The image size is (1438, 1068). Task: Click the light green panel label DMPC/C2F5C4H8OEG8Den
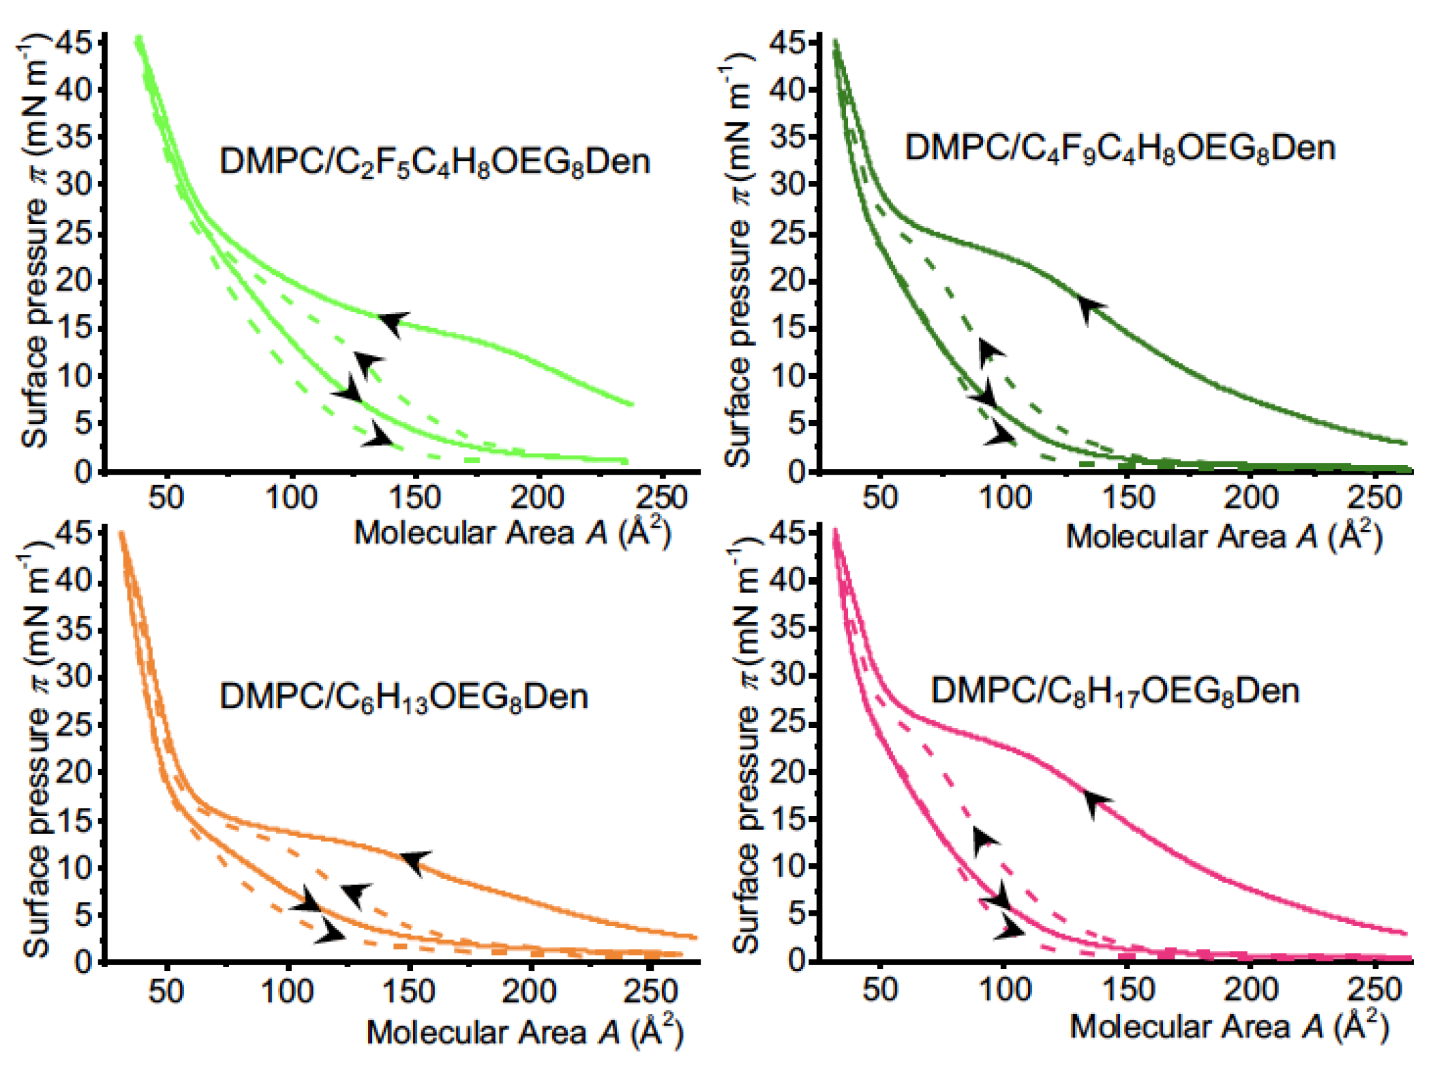pyautogui.click(x=435, y=162)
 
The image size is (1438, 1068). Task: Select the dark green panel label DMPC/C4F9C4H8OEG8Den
pyautogui.click(x=1120, y=148)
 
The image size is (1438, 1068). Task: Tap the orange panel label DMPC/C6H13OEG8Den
pyautogui.click(x=404, y=696)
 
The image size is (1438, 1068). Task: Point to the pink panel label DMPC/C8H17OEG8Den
pyautogui.click(x=1116, y=691)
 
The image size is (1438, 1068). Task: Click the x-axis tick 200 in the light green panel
pyautogui.click(x=538, y=498)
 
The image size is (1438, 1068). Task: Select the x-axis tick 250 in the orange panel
pyautogui.click(x=650, y=991)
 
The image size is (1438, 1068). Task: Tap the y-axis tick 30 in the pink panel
pyautogui.click(x=788, y=676)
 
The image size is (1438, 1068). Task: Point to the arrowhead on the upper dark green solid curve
pyautogui.click(x=1090, y=308)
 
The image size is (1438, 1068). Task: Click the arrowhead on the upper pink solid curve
pyautogui.click(x=1095, y=801)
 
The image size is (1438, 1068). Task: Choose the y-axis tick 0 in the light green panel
pyautogui.click(x=83, y=472)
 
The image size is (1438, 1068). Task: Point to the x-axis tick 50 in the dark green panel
pyautogui.click(x=880, y=498)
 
